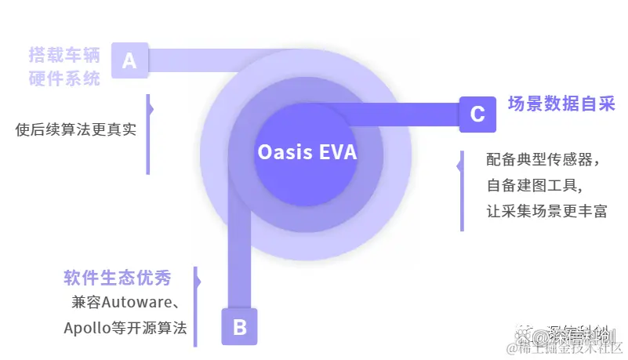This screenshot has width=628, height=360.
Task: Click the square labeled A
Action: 129,60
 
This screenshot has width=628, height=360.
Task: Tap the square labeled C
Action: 477,115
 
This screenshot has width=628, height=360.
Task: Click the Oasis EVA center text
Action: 307,152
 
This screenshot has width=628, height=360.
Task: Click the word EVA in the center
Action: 338,152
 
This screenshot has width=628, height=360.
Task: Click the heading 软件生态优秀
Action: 118,278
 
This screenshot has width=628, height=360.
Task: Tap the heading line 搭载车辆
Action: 64,56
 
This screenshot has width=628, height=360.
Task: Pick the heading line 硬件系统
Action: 64,78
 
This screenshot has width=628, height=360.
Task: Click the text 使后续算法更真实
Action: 76,129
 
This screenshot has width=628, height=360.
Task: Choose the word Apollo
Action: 87,328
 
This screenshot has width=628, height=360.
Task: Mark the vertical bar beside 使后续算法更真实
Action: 147,134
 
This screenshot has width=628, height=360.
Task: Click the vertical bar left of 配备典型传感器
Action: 462,191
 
